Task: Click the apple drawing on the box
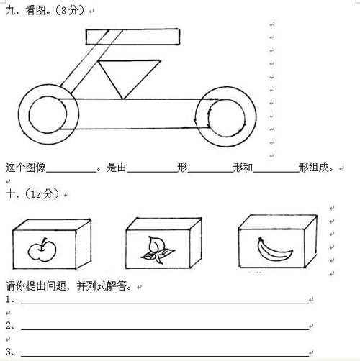pyautogui.click(x=42, y=250)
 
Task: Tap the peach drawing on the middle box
pyautogui.click(x=157, y=250)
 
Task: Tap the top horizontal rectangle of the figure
pyautogui.click(x=132, y=29)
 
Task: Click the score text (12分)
pyautogui.click(x=42, y=194)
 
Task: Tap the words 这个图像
pyautogui.click(x=26, y=167)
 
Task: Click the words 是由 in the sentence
pyautogui.click(x=117, y=167)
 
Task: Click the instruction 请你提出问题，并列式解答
pyautogui.click(x=68, y=286)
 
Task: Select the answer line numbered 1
pyautogui.click(x=165, y=303)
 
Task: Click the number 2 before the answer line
pyautogui.click(x=9, y=325)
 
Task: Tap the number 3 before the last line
pyautogui.click(x=9, y=352)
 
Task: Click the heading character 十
pyautogui.click(x=11, y=193)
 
